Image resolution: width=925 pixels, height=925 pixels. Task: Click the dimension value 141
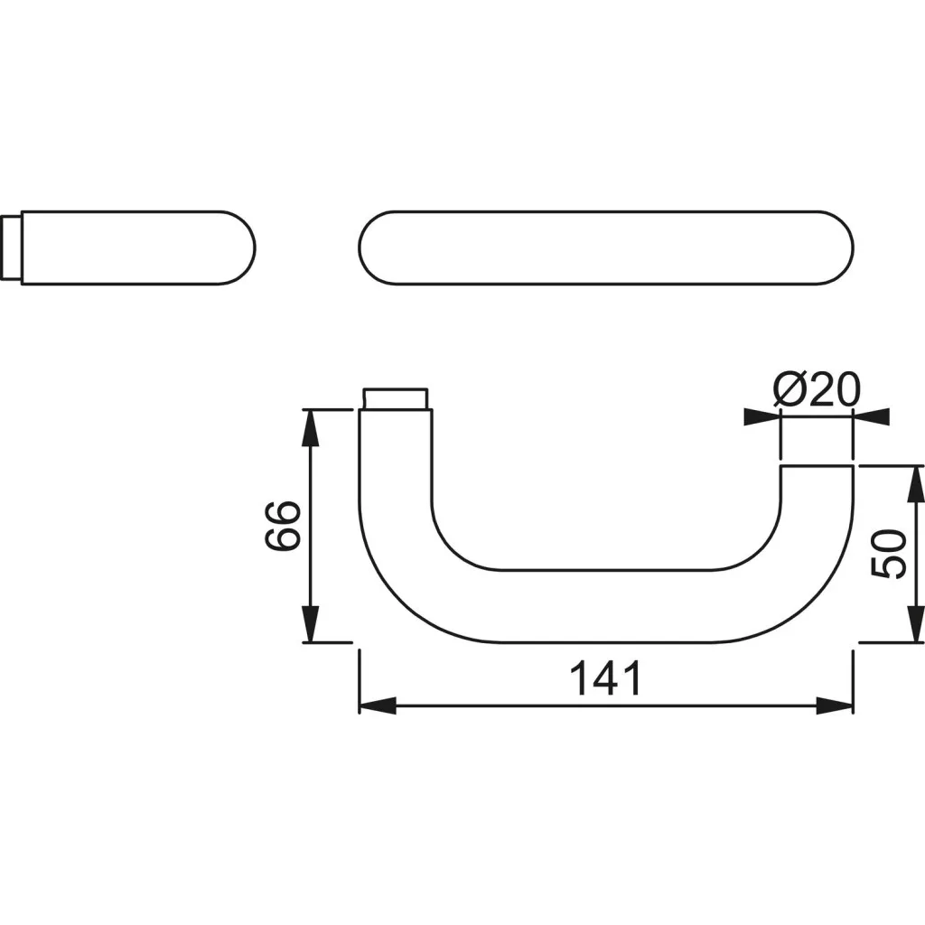(x=605, y=678)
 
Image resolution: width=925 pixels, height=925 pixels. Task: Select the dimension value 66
(x=283, y=526)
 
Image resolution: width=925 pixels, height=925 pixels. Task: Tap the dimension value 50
(x=888, y=554)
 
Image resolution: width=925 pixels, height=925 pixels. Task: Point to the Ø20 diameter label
(x=817, y=389)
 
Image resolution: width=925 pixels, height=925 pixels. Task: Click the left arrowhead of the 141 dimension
(x=378, y=705)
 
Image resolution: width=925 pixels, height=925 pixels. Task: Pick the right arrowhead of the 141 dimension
(x=835, y=705)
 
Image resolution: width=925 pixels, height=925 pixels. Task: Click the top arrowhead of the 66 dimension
(x=311, y=427)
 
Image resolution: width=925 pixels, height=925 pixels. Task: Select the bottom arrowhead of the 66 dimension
(x=311, y=623)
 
